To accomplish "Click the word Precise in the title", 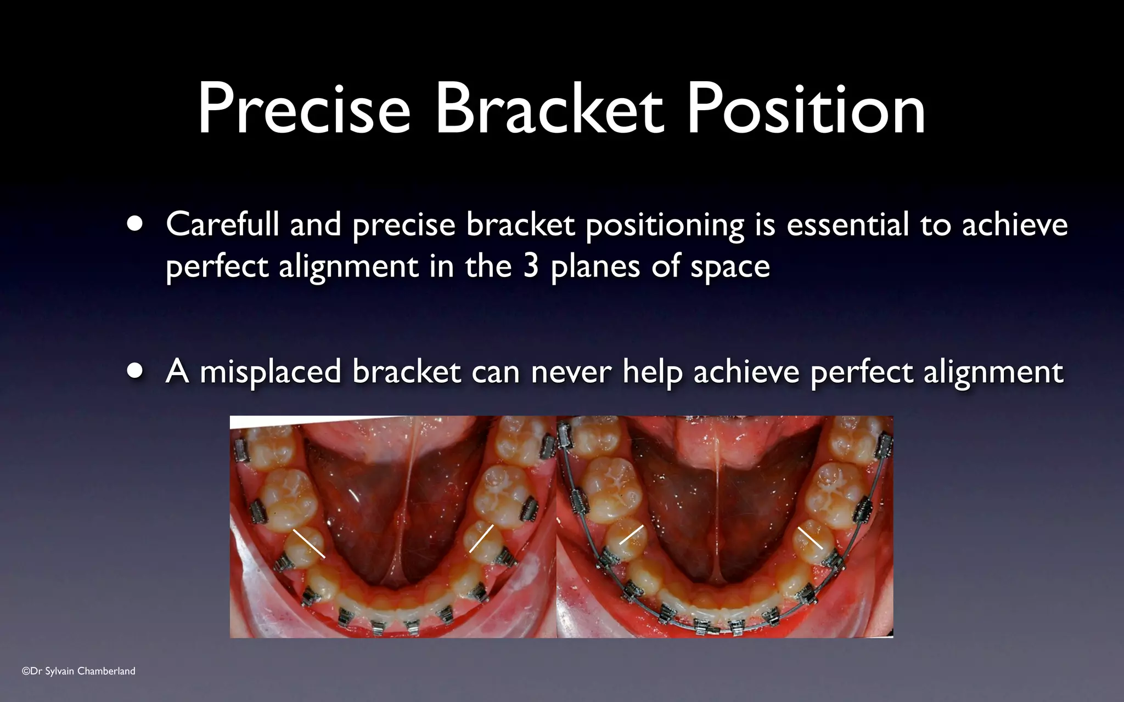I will point(304,110).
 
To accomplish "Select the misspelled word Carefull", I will point(222,225).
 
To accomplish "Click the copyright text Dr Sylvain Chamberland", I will point(78,671).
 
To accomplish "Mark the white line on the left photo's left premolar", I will point(308,544).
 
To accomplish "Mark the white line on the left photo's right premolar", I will point(481,539).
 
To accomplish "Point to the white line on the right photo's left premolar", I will point(631,535).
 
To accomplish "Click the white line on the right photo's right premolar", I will point(810,537).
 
